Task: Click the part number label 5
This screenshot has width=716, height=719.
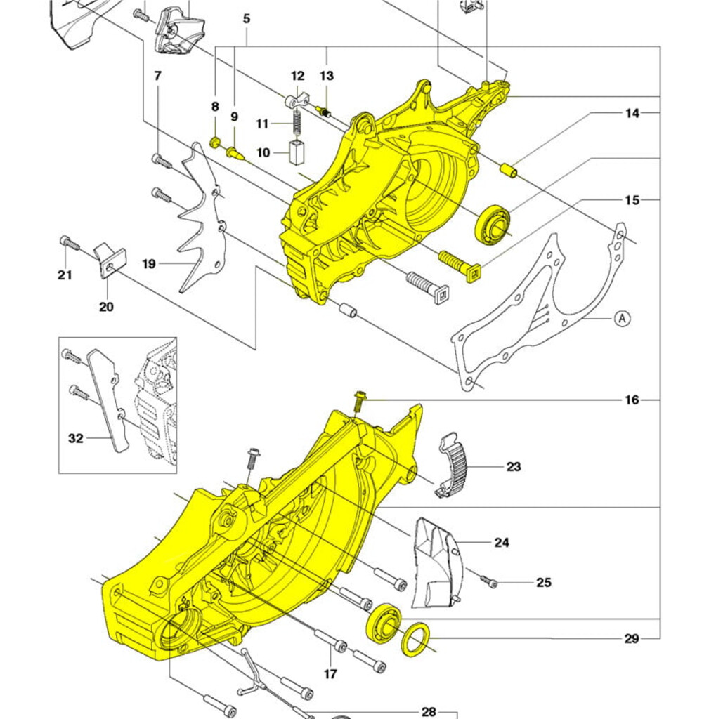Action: coord(247,19)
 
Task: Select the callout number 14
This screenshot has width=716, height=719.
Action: coord(632,112)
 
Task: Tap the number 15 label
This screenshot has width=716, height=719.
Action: coord(632,200)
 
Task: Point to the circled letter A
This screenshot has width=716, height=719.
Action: coord(622,318)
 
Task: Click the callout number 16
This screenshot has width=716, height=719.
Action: coord(632,400)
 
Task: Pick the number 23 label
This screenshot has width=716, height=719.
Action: coord(514,466)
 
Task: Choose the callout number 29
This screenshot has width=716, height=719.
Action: coord(631,638)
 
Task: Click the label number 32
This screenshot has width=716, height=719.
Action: coord(76,438)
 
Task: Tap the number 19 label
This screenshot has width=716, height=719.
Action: coord(149,264)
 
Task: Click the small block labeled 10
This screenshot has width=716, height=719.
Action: coord(296,152)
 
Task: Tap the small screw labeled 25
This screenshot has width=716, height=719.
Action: coord(489,582)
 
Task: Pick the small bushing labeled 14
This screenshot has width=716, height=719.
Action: coord(508,170)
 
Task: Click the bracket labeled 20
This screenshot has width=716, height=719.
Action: coord(110,258)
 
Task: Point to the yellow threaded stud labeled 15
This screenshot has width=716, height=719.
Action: coord(459,264)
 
